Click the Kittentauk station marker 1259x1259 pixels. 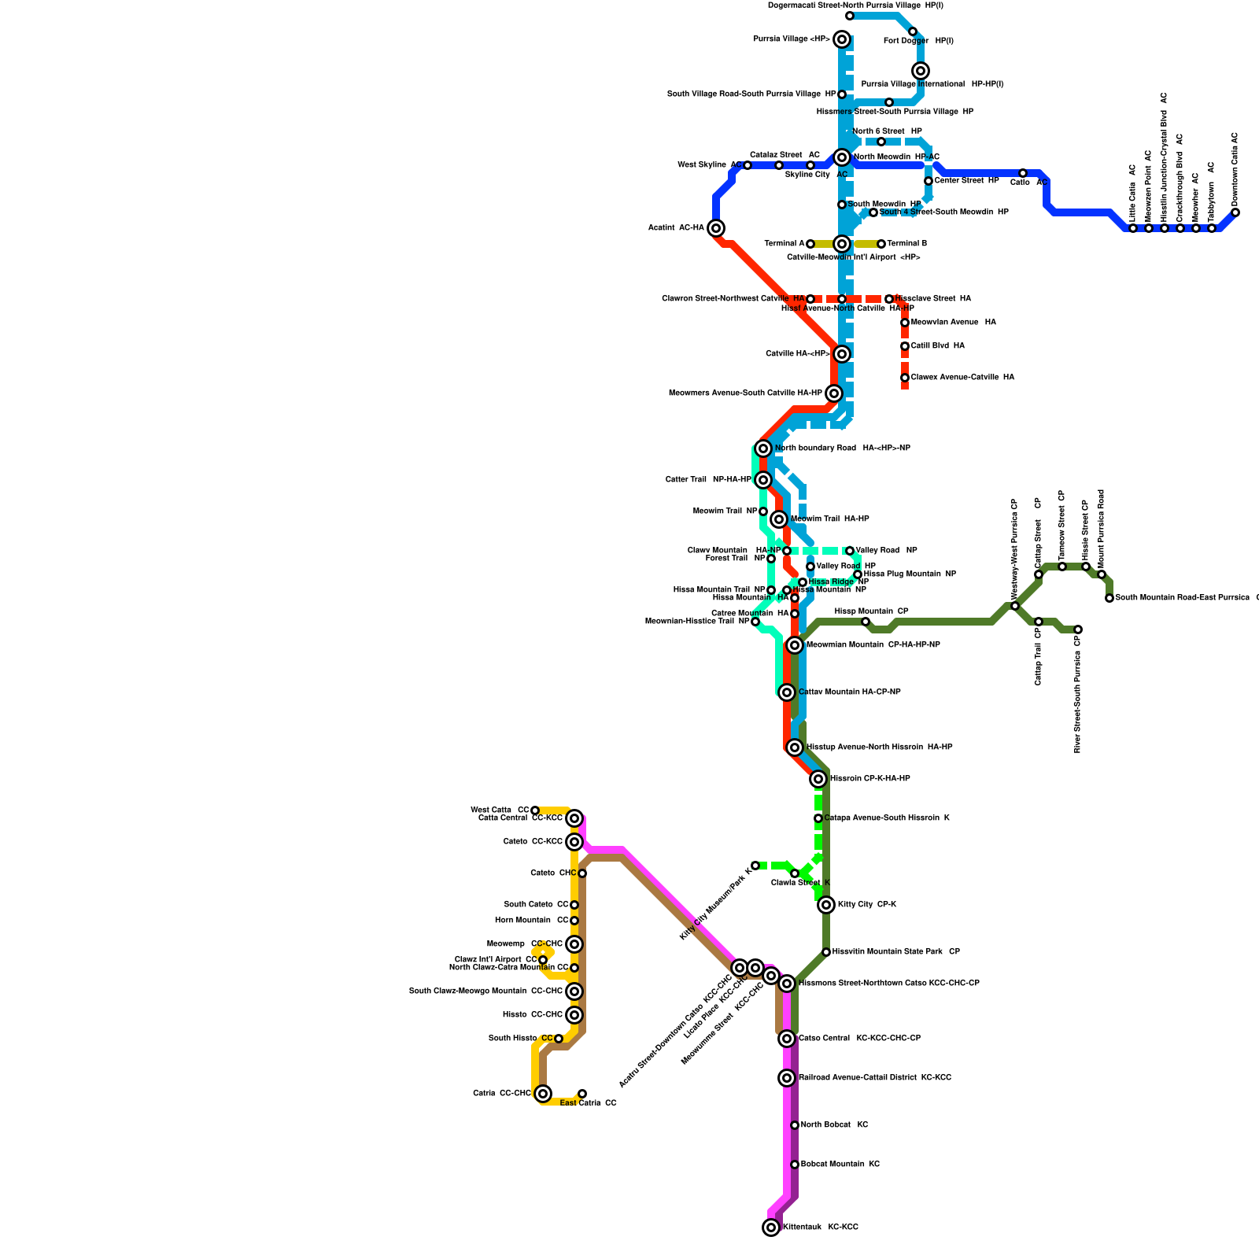coord(771,1227)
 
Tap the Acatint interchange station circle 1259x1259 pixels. coord(716,228)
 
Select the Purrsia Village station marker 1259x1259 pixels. coord(842,39)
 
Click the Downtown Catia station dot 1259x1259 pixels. coord(1235,212)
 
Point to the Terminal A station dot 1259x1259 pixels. coord(810,244)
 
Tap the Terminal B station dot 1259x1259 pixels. coord(881,244)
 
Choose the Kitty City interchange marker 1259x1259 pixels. coord(826,905)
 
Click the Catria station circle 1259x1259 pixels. coord(543,1093)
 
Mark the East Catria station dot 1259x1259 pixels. coord(582,1094)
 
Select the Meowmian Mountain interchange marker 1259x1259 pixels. coord(795,645)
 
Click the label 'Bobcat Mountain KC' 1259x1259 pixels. coord(840,1164)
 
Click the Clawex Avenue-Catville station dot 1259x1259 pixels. coord(905,378)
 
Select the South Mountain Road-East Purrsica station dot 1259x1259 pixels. coord(1109,598)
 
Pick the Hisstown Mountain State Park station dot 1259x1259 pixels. coord(826,952)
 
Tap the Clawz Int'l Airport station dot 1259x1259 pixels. coord(543,960)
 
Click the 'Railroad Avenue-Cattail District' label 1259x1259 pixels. coord(874,1077)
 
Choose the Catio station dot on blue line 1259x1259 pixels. coord(1023,173)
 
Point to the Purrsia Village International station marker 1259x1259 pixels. coord(921,71)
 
